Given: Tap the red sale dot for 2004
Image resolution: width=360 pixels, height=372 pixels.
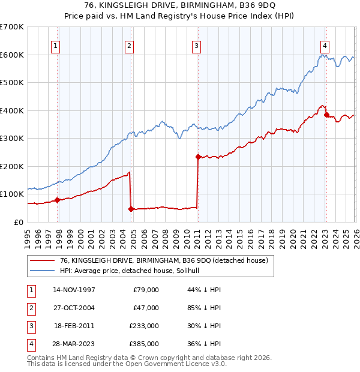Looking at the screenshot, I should [131, 209].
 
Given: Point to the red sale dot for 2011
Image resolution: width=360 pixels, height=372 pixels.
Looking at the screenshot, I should [197, 157].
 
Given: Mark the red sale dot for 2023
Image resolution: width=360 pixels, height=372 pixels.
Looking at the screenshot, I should [326, 115].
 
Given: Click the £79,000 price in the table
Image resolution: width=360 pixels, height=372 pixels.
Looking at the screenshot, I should [146, 290].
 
